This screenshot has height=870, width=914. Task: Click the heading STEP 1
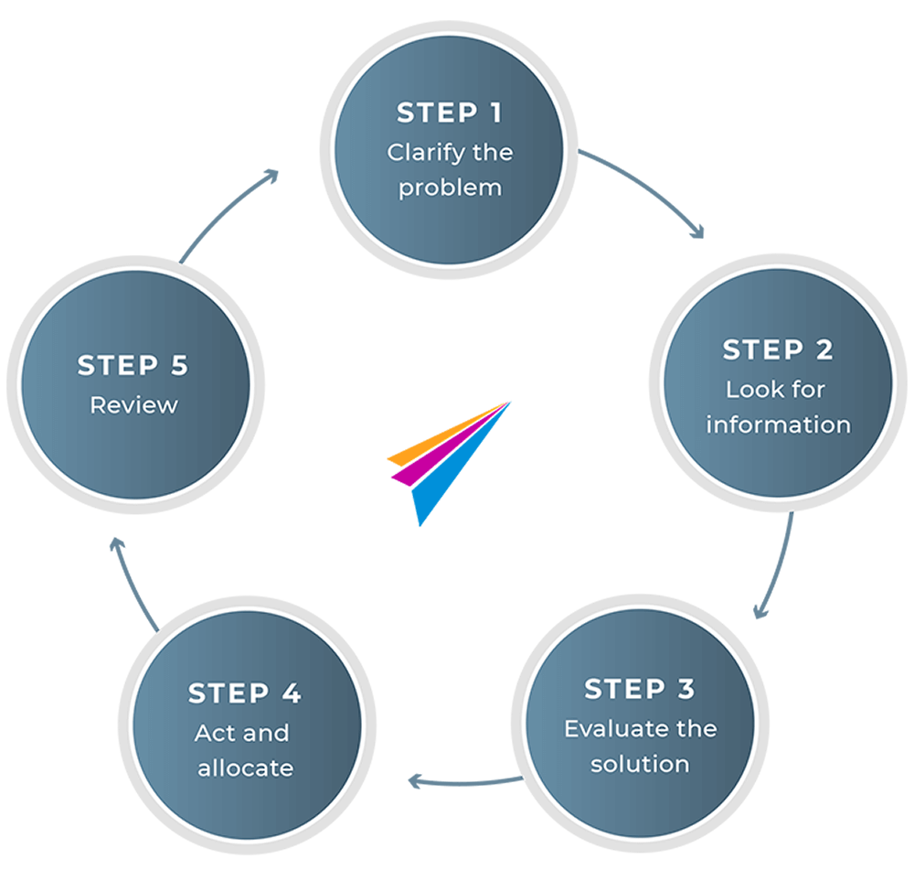click(449, 113)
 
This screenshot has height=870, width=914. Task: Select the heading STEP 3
click(639, 689)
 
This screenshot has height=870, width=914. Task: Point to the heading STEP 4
click(244, 693)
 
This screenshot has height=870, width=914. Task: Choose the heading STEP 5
click(133, 365)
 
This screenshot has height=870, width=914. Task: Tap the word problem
click(450, 188)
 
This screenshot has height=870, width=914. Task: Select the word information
click(778, 424)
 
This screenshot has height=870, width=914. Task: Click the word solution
click(640, 764)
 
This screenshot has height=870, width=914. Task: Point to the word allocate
click(244, 768)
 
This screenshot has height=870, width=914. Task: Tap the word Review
click(133, 404)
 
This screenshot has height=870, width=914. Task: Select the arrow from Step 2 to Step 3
click(779, 567)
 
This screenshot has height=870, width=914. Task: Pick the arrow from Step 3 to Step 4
click(466, 782)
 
